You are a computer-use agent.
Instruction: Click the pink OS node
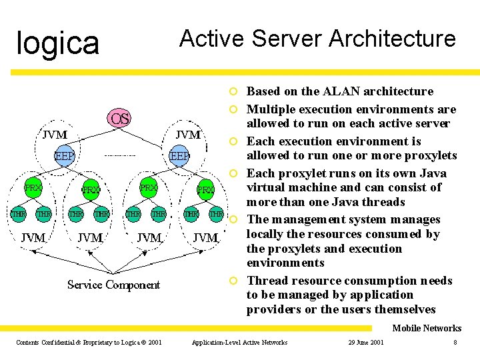[x=120, y=119]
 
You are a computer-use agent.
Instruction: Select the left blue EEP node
[x=64, y=156]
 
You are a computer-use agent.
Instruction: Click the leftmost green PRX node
[x=33, y=189]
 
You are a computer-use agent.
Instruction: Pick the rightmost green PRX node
[x=205, y=190]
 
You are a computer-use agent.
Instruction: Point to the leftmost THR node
[x=18, y=214]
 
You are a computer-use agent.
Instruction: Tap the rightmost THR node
[x=216, y=214]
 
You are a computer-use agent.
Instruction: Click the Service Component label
[x=113, y=285]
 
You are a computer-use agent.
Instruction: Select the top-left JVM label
[x=54, y=134]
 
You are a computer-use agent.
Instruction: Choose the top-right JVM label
[x=187, y=135]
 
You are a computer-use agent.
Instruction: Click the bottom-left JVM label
[x=33, y=237]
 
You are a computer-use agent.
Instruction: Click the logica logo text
[x=57, y=43]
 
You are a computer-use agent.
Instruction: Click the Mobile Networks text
[x=426, y=328]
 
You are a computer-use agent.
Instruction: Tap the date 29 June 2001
[x=365, y=343]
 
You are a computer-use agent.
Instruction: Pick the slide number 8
[x=455, y=343]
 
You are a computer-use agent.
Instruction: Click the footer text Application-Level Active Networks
[x=239, y=343]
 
